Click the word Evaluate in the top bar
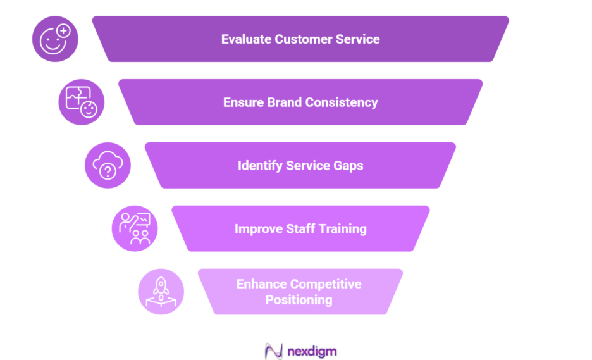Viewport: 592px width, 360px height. (246, 39)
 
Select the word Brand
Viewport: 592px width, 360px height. (281, 102)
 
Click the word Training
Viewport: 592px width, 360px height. (343, 229)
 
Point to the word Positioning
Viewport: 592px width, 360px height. (299, 300)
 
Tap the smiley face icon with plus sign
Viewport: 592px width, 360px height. (55, 39)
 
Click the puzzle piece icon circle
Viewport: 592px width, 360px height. (82, 102)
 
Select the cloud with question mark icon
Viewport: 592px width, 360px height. (108, 166)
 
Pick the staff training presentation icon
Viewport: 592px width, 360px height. (135, 228)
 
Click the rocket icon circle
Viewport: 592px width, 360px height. (161, 292)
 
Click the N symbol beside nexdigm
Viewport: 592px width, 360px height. (273, 350)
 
